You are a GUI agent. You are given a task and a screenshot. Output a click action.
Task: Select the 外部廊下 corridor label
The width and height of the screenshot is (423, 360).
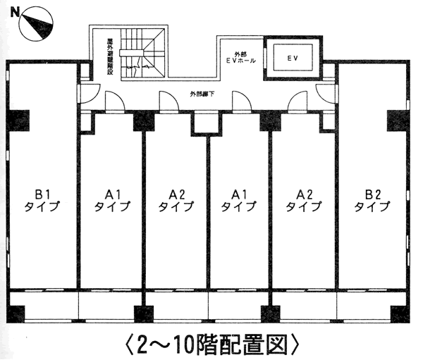(x=202, y=94)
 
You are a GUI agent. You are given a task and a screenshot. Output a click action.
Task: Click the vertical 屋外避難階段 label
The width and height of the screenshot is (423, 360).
(x=110, y=56)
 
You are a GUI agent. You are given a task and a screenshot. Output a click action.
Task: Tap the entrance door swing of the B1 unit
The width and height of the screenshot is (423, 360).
(x=90, y=92)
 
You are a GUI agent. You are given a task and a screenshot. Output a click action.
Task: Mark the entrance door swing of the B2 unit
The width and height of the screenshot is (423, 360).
(x=326, y=92)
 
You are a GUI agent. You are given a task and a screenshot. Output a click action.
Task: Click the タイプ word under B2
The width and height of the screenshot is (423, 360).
(x=372, y=207)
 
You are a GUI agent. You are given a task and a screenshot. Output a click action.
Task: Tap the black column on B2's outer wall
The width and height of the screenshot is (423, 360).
(x=397, y=120)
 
